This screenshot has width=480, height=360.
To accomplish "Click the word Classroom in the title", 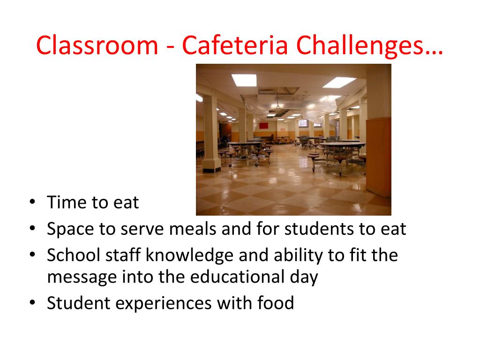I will point(97,45).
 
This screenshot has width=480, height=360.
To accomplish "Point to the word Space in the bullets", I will point(70,229).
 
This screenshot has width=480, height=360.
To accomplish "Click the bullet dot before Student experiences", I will point(32,303).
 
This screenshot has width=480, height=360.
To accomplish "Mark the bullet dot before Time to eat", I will point(32,202).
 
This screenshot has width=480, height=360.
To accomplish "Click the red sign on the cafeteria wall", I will point(263,126).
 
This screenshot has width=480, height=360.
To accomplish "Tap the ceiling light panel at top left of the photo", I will point(244,80).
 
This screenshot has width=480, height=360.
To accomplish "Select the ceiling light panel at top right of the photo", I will point(339,82).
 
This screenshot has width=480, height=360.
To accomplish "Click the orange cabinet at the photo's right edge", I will point(379,155).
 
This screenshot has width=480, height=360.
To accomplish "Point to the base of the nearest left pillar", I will point(211,165).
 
